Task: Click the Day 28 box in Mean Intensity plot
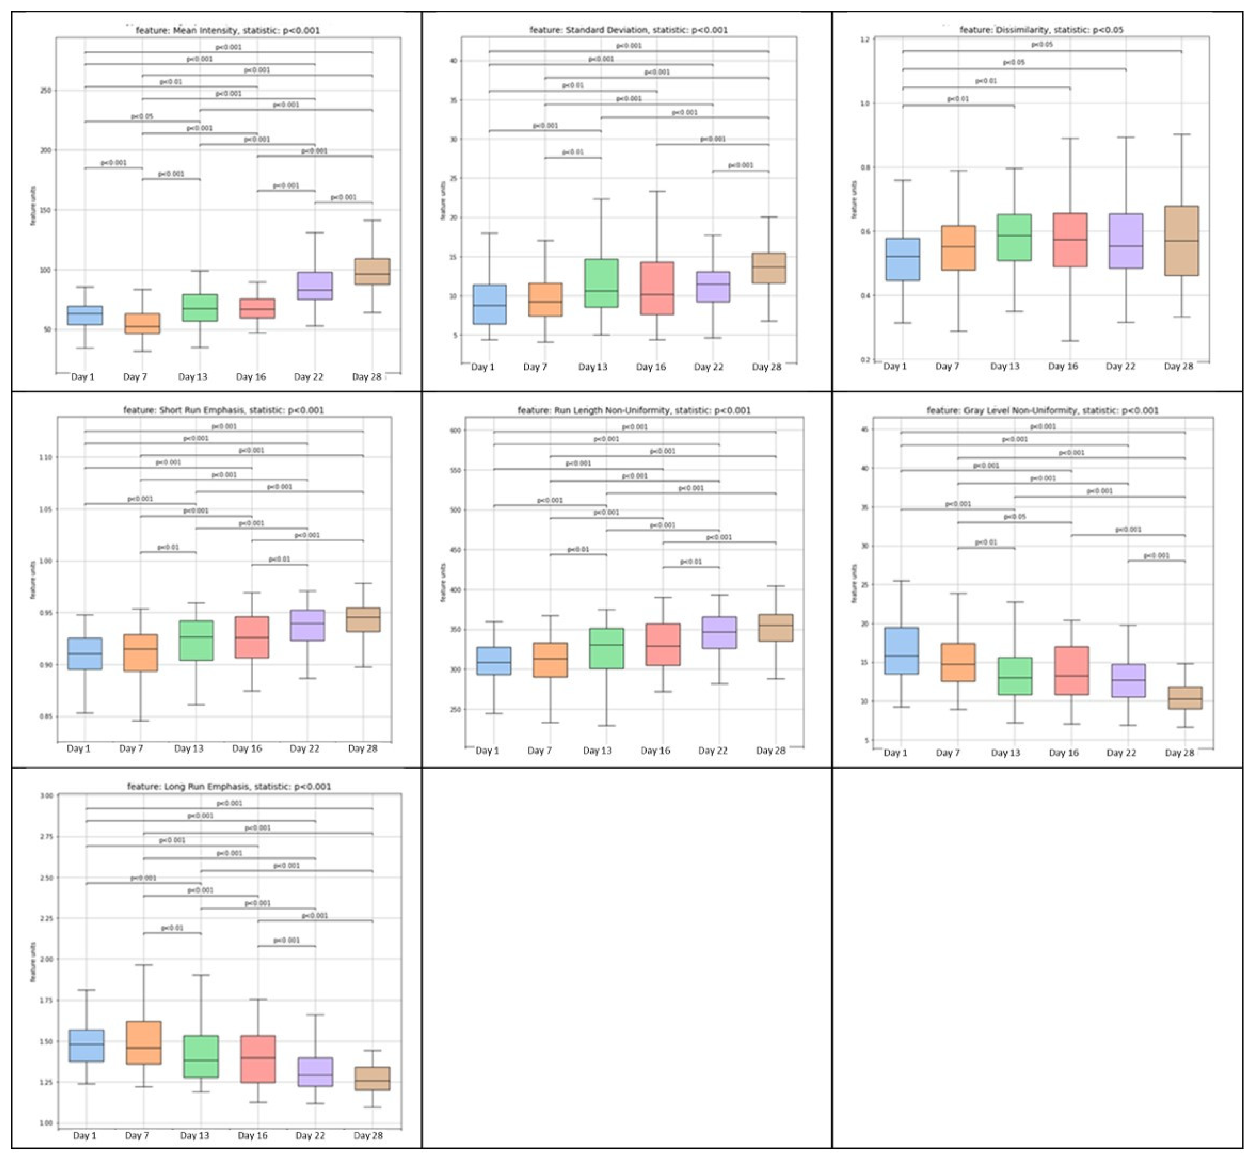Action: coord(372,271)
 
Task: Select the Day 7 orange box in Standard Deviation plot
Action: coord(545,300)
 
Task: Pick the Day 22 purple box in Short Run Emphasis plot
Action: coord(307,625)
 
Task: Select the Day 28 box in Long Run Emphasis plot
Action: coord(372,1078)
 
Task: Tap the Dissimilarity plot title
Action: coord(1041,29)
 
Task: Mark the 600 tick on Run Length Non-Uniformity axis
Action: coord(455,431)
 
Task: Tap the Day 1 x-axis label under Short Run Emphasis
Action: coord(79,749)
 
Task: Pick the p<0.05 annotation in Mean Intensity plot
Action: coord(142,117)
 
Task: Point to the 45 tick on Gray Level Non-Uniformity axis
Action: coord(865,429)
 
